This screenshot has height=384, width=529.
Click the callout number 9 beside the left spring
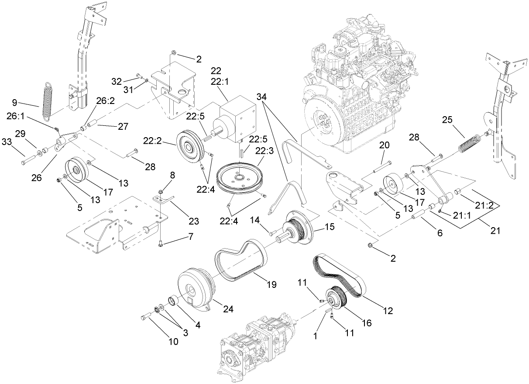coord(14,103)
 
